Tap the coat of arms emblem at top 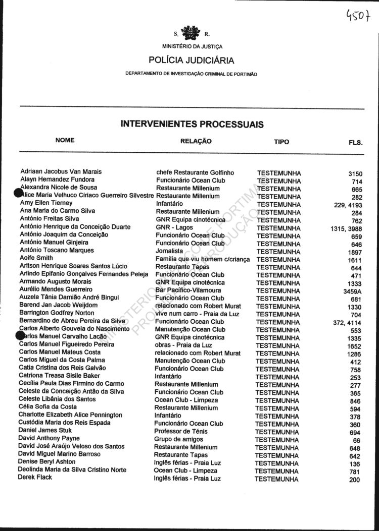tap(192, 34)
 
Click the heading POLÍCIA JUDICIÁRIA tap(192, 61)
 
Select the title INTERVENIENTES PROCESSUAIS tap(192, 124)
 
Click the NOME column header tap(65, 140)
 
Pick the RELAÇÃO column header tap(196, 141)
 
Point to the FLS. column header tap(355, 143)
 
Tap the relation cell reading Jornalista tap(170, 251)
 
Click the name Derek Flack tap(35, 477)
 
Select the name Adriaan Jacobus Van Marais tap(61, 171)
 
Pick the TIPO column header tap(281, 142)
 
